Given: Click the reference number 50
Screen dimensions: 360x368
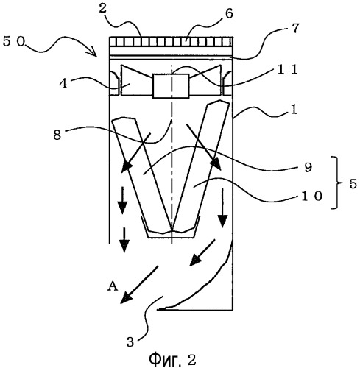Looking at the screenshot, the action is coord(14,41).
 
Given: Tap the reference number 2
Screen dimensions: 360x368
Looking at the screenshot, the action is coord(103,9).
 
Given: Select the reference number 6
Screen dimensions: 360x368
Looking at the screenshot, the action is coord(229,14).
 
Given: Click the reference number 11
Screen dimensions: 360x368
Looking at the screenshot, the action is coord(288,70).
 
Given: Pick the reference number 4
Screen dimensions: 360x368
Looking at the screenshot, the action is coord(63,84).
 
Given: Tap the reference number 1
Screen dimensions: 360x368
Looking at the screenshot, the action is coord(293,109).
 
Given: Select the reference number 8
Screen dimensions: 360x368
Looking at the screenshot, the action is coord(57,135).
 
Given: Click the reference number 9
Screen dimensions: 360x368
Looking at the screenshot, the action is coord(308,167).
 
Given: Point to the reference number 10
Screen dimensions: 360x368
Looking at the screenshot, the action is coord(311,197).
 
